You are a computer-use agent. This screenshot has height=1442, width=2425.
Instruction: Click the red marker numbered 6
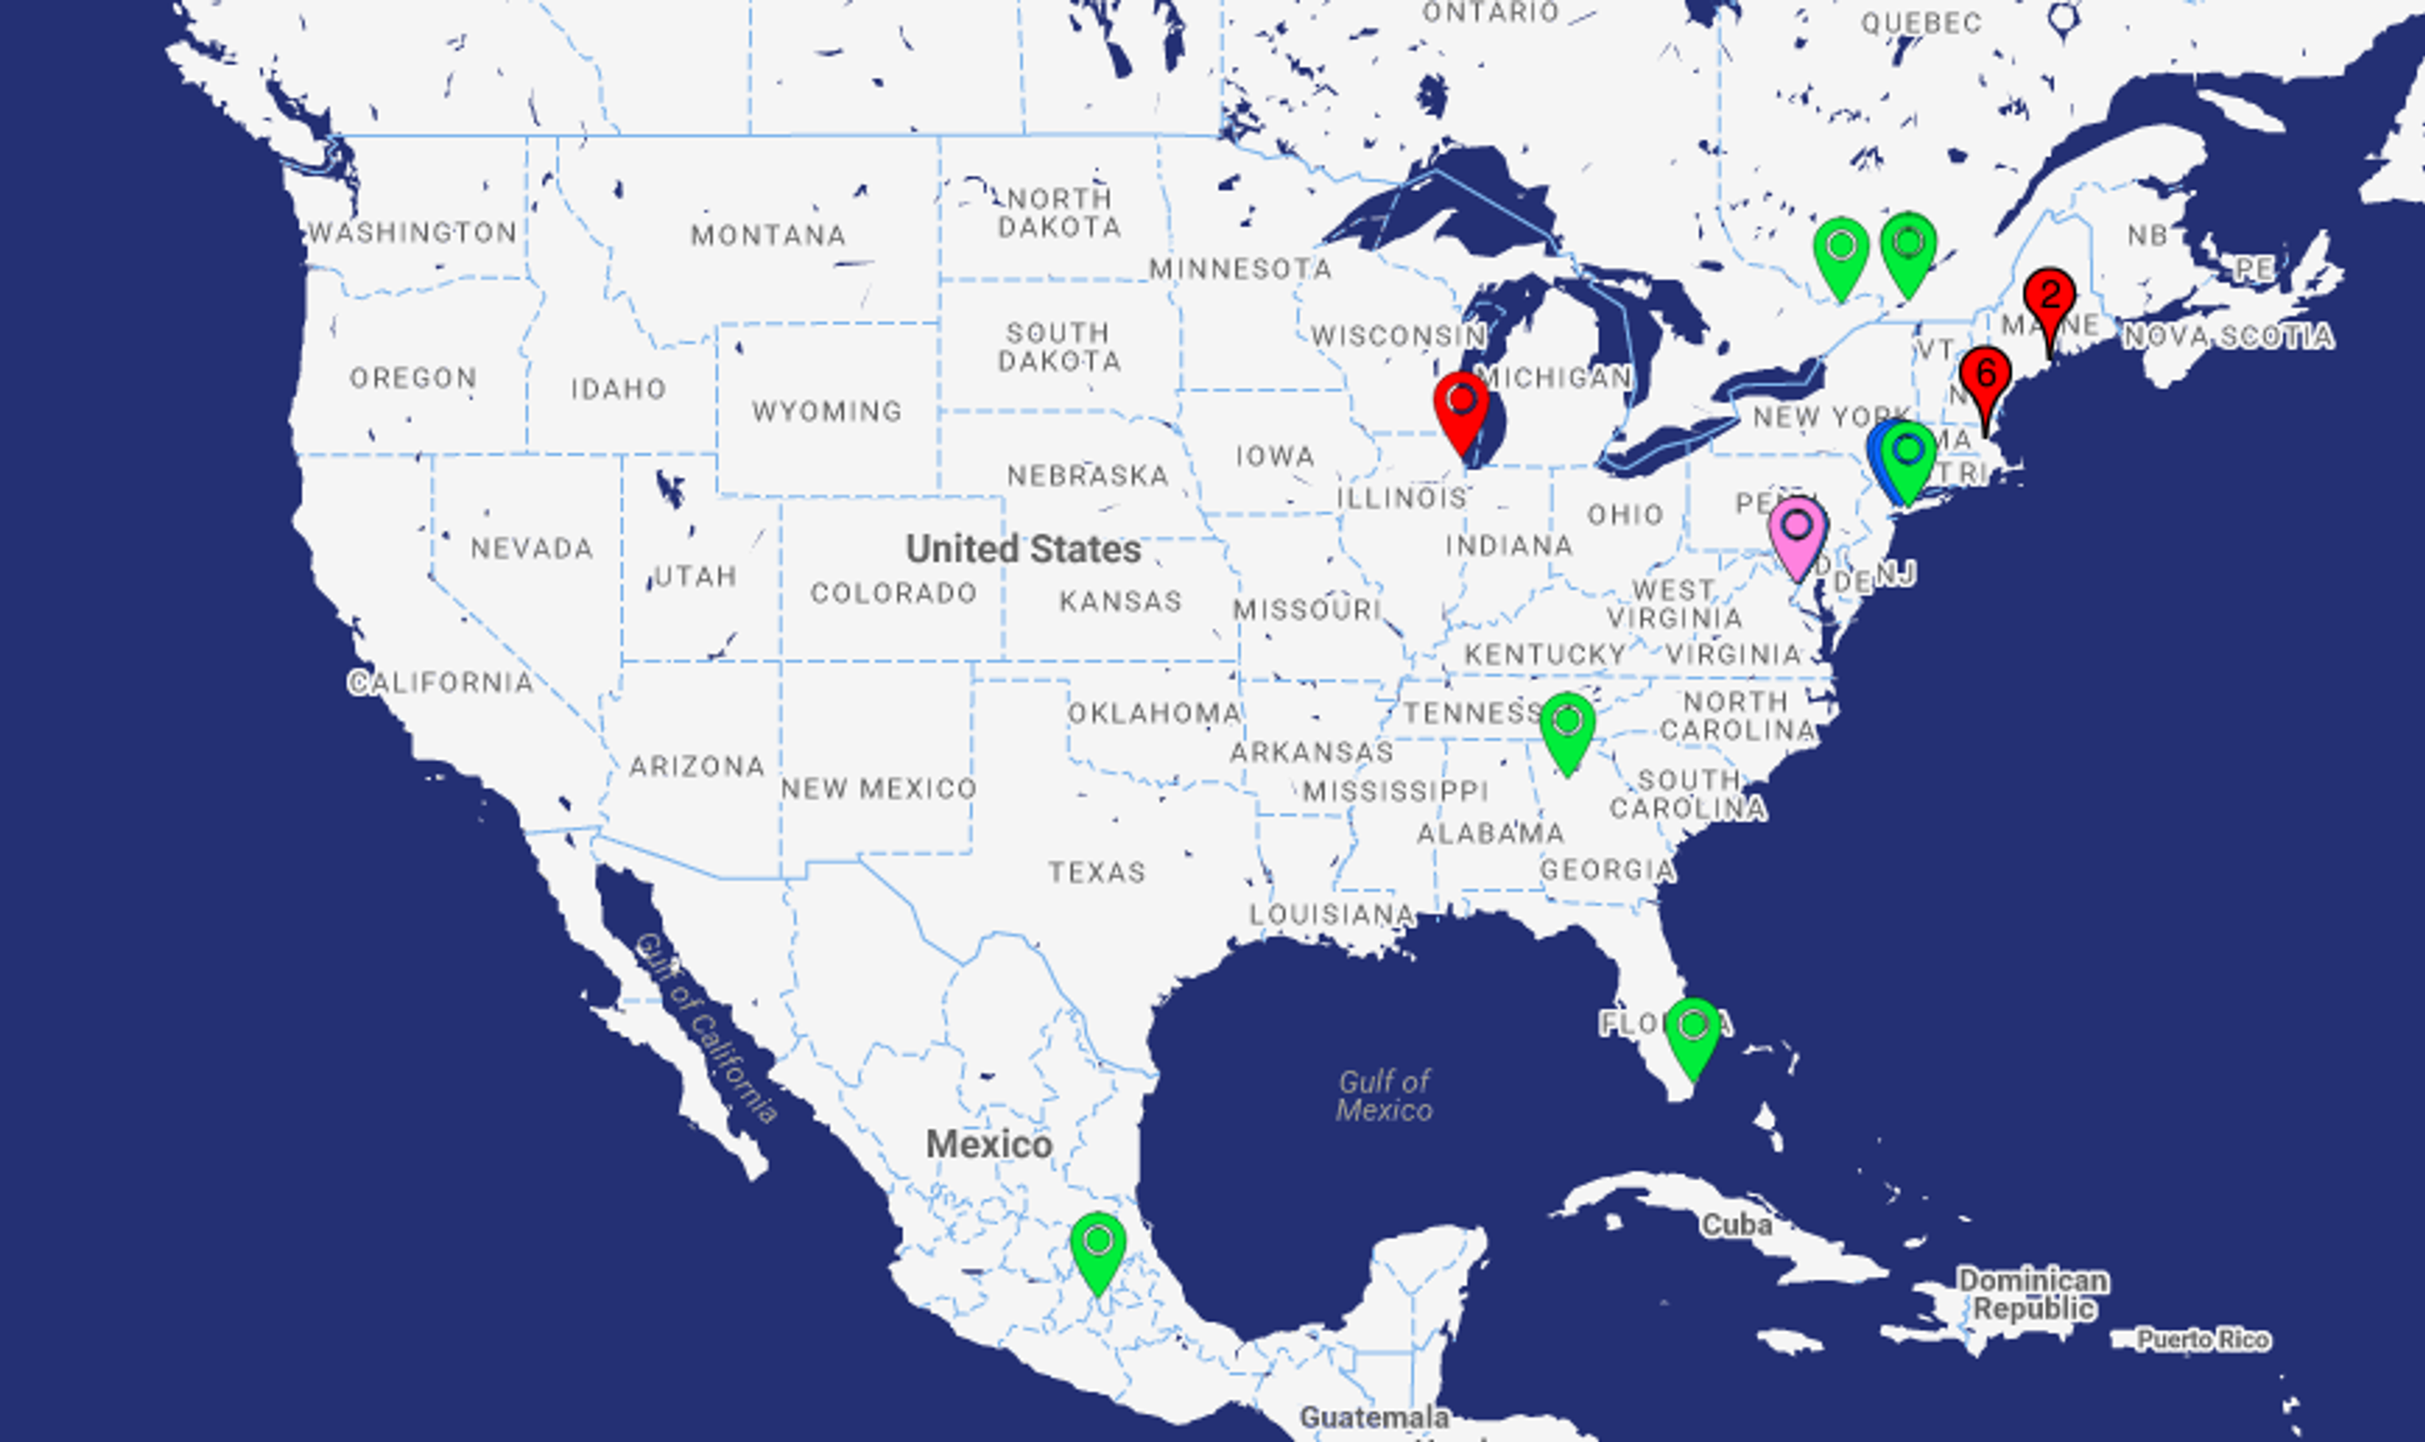click(1985, 377)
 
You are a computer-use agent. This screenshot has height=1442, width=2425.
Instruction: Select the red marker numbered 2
click(2050, 297)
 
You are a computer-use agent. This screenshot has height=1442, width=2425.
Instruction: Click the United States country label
click(1023, 549)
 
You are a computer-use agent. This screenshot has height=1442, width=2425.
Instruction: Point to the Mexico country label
click(988, 1144)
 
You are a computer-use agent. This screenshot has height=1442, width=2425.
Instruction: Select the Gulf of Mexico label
click(1384, 1095)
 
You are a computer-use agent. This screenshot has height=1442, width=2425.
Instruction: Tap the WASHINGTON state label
click(412, 232)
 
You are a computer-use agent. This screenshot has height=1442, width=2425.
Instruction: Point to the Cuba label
click(1736, 1224)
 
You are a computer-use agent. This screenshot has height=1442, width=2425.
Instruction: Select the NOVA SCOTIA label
click(2228, 336)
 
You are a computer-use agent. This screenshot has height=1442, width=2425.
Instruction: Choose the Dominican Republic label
click(2032, 1294)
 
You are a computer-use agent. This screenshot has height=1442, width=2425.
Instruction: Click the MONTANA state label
click(767, 235)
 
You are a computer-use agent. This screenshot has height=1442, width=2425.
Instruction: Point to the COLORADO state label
click(893, 592)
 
